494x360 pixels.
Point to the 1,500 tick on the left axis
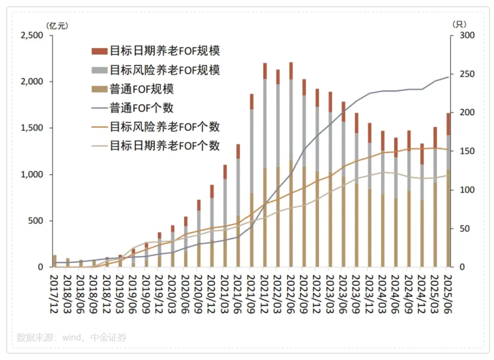32,128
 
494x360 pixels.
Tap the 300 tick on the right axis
462,35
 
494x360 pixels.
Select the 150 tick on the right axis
462,151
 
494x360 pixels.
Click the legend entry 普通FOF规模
141,89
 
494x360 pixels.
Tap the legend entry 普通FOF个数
141,107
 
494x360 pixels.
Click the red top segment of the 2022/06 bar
291,71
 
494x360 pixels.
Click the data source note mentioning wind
71,337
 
